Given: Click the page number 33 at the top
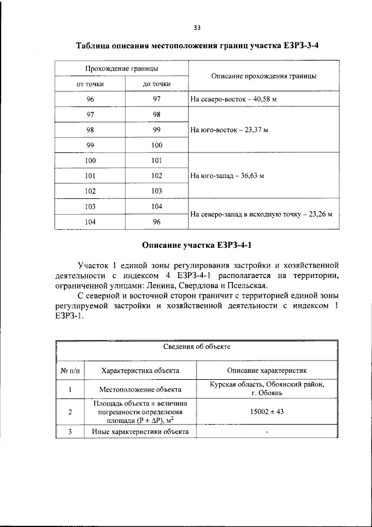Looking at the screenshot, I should tap(196, 27).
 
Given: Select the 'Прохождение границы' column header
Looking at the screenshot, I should tap(122, 69).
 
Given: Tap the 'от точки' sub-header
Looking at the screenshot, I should tap(90, 84).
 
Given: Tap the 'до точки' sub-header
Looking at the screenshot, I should tap(156, 84).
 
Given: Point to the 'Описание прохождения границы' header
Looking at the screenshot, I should tap(263, 76).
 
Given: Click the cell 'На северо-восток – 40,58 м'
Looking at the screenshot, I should tap(233, 99).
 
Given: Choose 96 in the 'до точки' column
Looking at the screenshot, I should tap(156, 222).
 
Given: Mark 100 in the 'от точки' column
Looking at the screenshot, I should tap(90, 160).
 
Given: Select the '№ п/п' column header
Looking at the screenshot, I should tap(70, 370).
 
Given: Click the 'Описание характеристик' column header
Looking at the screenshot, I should tap(267, 370).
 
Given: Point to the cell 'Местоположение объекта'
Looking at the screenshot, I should tap(140, 389).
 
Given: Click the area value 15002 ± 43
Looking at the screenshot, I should tap(267, 412).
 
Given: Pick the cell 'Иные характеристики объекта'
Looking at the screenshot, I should tap(140, 432).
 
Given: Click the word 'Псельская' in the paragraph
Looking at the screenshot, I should tap(243, 286).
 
